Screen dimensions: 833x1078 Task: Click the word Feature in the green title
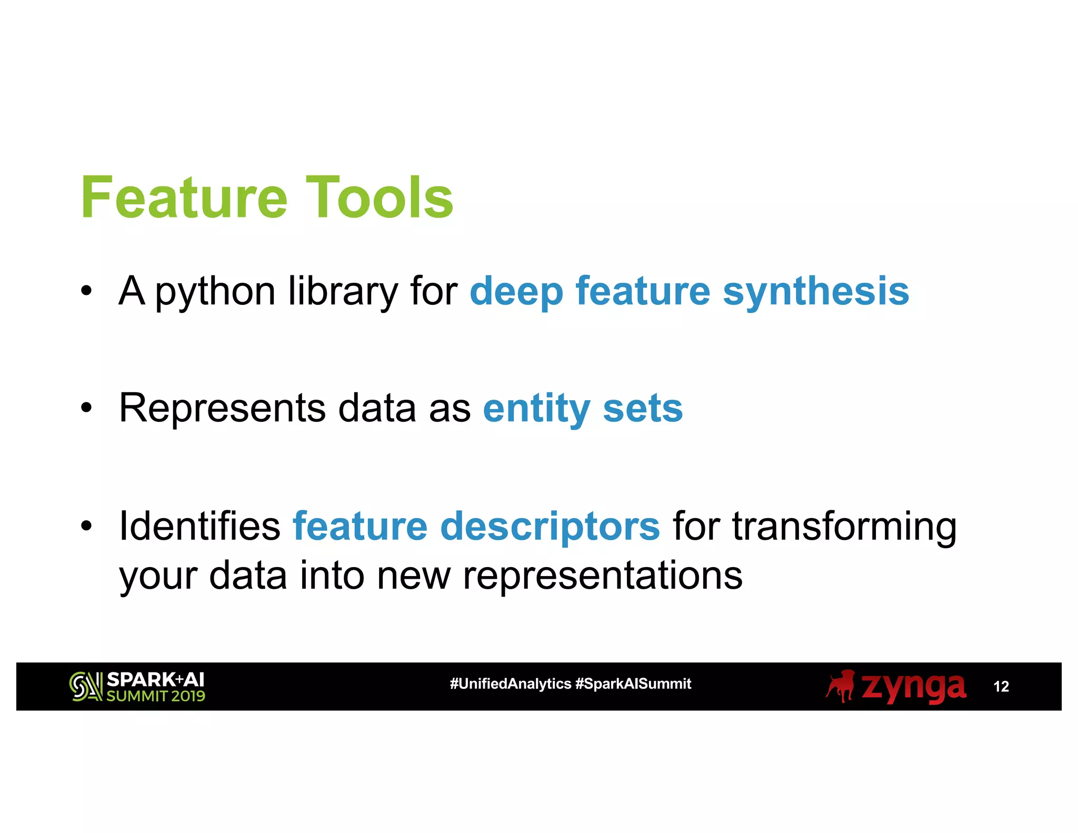(184, 198)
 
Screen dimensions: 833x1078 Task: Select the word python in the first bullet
(215, 293)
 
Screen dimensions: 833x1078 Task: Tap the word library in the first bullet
(343, 293)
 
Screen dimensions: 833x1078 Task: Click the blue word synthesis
(816, 293)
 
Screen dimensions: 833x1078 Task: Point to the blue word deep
(516, 293)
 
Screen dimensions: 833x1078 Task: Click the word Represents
(222, 409)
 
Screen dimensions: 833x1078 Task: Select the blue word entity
(536, 410)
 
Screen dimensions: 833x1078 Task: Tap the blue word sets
(643, 409)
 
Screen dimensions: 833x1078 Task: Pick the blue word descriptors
(550, 527)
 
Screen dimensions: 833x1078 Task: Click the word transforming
(844, 527)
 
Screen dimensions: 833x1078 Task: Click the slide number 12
(1001, 687)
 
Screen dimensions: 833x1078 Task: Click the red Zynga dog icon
(841, 686)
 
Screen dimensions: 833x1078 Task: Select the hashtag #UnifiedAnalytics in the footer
(510, 684)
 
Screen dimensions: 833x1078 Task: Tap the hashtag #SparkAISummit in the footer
(633, 684)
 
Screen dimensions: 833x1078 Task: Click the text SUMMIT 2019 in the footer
(156, 696)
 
